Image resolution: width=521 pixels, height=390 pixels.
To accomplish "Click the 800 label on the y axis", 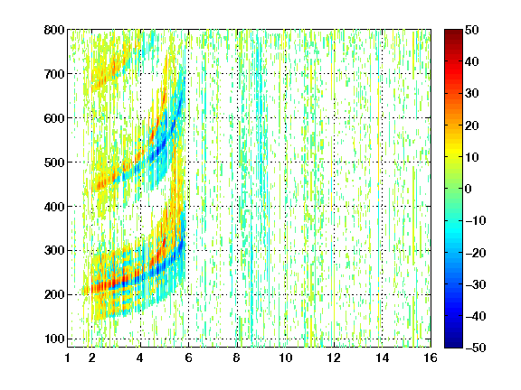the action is click(x=54, y=30).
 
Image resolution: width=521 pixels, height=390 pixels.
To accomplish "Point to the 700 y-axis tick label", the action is click(x=54, y=74).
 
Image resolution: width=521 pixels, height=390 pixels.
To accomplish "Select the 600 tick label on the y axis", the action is click(x=54, y=118).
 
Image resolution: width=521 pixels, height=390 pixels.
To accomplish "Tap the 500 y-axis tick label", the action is click(x=54, y=162).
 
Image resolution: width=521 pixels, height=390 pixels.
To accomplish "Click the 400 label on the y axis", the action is click(x=54, y=207).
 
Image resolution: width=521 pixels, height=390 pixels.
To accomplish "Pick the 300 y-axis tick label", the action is click(x=54, y=251).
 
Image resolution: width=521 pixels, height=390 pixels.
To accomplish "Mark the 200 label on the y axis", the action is click(x=54, y=295).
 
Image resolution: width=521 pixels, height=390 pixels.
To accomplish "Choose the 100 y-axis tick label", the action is click(x=54, y=339).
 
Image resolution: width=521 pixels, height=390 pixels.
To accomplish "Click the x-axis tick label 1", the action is click(x=68, y=357).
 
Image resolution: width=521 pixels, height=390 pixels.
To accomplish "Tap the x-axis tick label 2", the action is click(x=92, y=357).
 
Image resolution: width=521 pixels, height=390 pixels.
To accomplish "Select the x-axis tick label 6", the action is click(x=189, y=357).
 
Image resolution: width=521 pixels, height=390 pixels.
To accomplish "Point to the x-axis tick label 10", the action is click(x=286, y=357).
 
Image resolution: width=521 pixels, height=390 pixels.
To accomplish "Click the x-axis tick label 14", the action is click(x=383, y=357).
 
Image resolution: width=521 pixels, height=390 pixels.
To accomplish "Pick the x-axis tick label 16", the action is click(x=431, y=357).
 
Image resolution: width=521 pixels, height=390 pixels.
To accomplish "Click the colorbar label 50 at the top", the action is click(x=471, y=30).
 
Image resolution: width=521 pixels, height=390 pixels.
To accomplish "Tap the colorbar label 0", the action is click(x=468, y=189).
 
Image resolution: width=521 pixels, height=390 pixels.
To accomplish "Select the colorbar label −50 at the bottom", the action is click(x=476, y=348).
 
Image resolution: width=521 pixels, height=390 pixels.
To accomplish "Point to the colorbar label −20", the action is click(x=476, y=253).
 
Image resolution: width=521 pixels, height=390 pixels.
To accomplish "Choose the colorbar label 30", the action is click(x=471, y=94).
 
